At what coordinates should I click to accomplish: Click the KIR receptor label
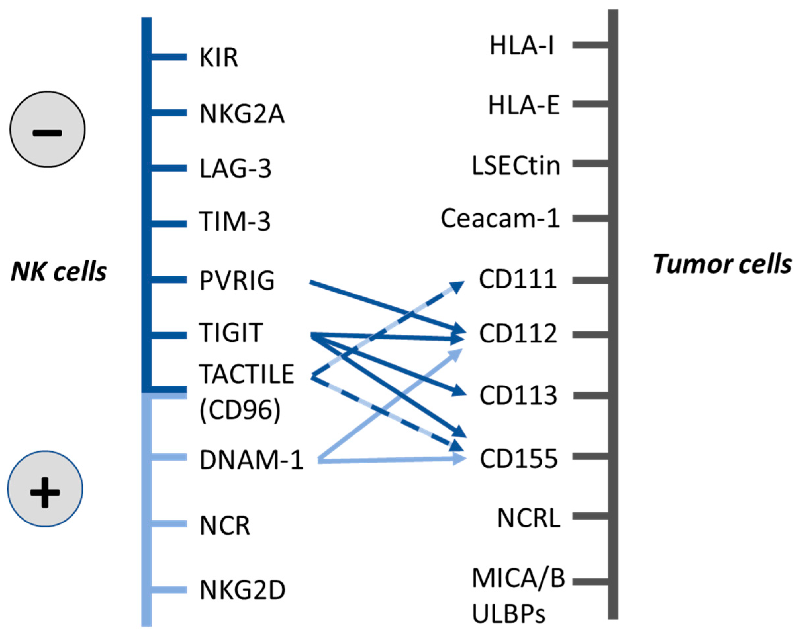pyautogui.click(x=218, y=58)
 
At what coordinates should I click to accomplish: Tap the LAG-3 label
pyautogui.click(x=235, y=169)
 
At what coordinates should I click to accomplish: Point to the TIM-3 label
pyautogui.click(x=234, y=221)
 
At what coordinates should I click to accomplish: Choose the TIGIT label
pyautogui.click(x=231, y=333)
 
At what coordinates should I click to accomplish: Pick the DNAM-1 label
pyautogui.click(x=251, y=460)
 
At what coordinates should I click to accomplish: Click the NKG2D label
pyautogui.click(x=242, y=590)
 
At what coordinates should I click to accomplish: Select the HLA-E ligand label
pyautogui.click(x=524, y=105)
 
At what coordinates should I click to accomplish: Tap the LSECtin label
pyautogui.click(x=516, y=165)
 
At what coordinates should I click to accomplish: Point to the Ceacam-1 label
pyautogui.click(x=500, y=218)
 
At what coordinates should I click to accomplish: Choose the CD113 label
pyautogui.click(x=518, y=395)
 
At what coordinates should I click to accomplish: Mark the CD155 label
pyautogui.click(x=519, y=458)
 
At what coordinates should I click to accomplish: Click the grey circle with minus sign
pyautogui.click(x=47, y=129)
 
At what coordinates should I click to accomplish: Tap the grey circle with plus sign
pyautogui.click(x=45, y=488)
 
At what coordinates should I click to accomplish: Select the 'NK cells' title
pyautogui.click(x=59, y=271)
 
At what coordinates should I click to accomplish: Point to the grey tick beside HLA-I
pyautogui.click(x=591, y=45)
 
